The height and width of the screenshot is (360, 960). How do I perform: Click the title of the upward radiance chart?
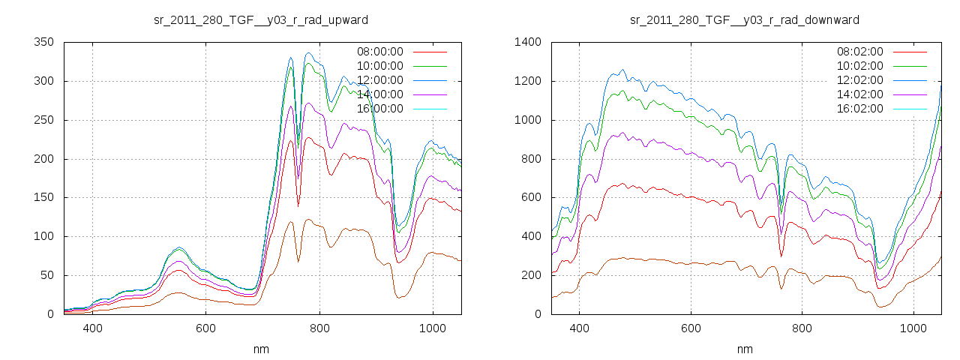pyautogui.click(x=261, y=19)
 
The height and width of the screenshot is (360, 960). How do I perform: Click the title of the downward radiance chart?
pyautogui.click(x=745, y=19)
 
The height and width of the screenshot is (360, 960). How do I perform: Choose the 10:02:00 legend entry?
pyautogui.click(x=859, y=66)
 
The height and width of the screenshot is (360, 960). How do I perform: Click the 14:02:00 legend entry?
pyautogui.click(x=859, y=94)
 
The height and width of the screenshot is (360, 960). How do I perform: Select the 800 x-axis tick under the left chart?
pyautogui.click(x=319, y=328)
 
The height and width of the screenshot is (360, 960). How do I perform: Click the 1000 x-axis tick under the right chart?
pyautogui.click(x=913, y=328)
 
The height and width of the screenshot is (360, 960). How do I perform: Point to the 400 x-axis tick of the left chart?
pyautogui.click(x=93, y=328)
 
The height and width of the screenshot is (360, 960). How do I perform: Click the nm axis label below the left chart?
pyautogui.click(x=261, y=349)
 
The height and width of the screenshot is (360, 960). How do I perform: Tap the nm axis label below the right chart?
pyautogui.click(x=745, y=349)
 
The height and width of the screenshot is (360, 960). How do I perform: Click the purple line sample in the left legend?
pyautogui.click(x=429, y=94)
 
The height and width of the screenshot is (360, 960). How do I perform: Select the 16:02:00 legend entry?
pyautogui.click(x=859, y=109)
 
